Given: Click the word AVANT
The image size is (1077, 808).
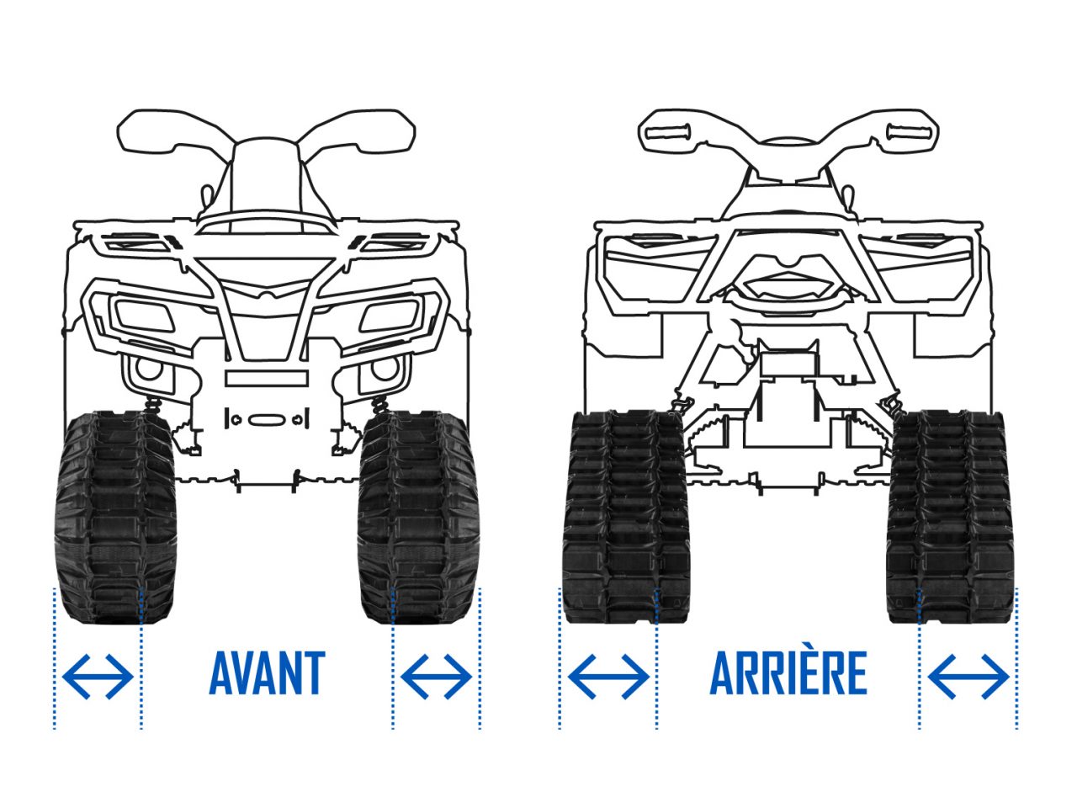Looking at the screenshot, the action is (267, 672).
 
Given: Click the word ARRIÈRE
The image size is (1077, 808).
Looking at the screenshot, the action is (788, 672).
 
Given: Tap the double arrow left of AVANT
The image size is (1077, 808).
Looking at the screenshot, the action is (98, 677).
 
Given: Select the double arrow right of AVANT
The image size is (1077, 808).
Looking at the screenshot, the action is (436, 677).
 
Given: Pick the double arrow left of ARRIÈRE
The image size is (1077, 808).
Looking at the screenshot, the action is (608, 677).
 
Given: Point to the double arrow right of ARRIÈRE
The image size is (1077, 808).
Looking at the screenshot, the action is (969, 677).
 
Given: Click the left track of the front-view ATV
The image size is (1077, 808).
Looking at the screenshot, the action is (114, 517).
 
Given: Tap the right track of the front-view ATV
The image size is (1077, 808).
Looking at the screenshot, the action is (418, 517).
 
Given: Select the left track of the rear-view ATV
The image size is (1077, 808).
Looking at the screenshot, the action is (627, 517).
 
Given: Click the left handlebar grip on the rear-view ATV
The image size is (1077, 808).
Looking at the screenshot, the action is (668, 132).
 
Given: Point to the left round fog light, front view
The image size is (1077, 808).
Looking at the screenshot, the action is (149, 369).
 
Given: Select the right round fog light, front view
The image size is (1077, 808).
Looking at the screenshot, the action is (385, 369).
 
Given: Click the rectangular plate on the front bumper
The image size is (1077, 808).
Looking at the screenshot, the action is (267, 378).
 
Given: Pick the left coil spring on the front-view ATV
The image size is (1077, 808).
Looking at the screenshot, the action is (153, 407).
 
